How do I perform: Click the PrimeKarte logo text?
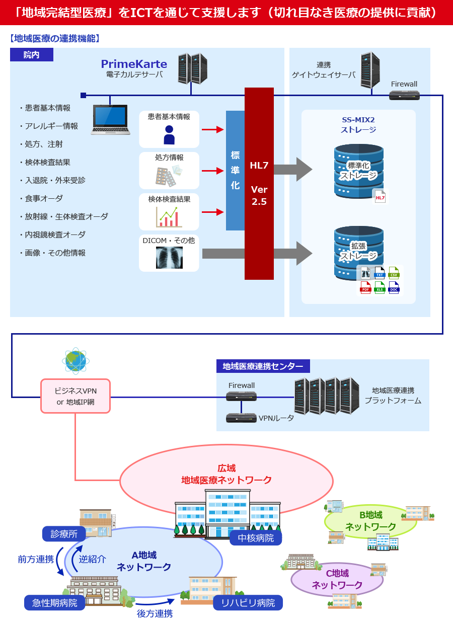coord(134,64)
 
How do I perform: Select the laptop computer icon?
coord(110,119)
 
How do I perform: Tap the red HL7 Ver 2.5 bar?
coord(259,184)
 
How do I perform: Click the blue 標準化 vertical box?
coord(235,171)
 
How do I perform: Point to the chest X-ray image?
coord(169,258)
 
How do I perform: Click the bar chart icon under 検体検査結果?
coord(169,216)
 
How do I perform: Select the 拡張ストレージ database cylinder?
coord(358,252)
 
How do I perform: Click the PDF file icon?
coord(365,288)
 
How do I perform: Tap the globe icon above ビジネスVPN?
coord(75,360)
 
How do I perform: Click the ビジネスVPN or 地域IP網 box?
coord(75,396)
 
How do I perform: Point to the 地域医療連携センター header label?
coord(263,366)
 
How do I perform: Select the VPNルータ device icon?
coord(241,418)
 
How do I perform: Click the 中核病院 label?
coord(256,538)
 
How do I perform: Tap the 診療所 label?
coord(64,534)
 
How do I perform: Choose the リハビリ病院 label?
coord(248,603)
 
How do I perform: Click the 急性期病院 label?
coord(55,603)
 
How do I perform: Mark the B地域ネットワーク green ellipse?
coord(370,521)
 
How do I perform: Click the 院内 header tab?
coord(31,54)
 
